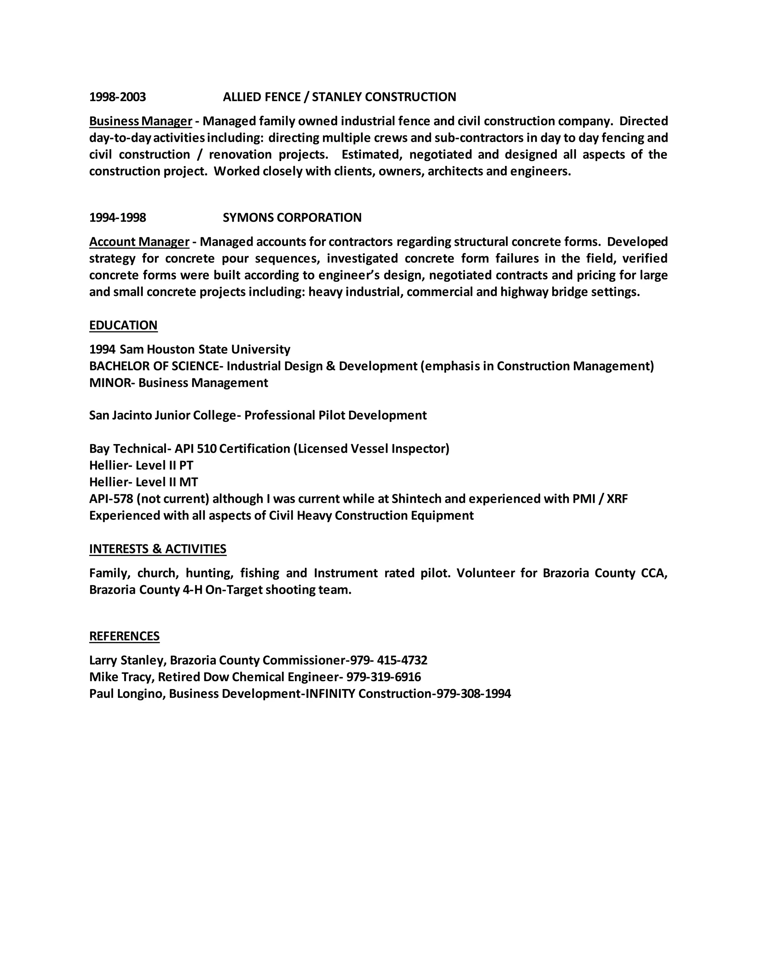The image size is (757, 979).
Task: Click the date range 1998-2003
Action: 118,97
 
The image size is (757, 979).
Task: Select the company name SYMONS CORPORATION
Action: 292,217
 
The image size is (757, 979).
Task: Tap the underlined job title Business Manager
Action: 140,121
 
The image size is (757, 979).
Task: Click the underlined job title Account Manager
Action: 139,242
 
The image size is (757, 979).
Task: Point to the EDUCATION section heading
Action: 123,325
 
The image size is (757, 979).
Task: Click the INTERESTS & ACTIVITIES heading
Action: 157,549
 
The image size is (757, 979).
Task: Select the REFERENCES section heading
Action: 124,636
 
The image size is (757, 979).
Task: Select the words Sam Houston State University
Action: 205,349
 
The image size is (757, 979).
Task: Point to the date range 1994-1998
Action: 118,217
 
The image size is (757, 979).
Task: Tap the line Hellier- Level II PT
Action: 141,465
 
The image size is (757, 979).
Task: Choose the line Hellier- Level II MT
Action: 143,482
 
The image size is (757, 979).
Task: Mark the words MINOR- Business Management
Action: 179,383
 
